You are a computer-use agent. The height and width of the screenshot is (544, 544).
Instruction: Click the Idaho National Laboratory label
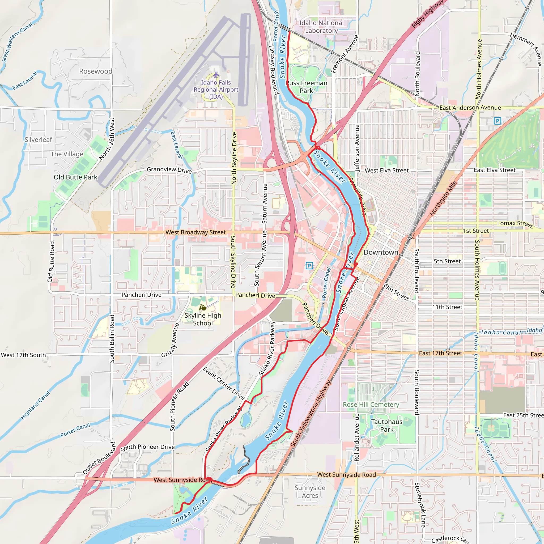[x=321, y=27]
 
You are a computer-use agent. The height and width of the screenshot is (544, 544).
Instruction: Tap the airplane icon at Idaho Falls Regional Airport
[x=216, y=75]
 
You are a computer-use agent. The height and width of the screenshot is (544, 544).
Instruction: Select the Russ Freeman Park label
[x=306, y=87]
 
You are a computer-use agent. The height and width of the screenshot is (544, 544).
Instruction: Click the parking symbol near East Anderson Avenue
[x=498, y=121]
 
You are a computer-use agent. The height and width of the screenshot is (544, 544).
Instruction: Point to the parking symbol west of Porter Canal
[x=309, y=265]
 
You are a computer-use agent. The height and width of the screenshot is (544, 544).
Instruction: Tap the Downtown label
[x=381, y=252]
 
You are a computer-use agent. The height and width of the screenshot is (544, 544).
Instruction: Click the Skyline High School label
[x=203, y=319]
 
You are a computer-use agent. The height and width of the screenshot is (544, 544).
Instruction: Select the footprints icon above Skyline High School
[x=202, y=307]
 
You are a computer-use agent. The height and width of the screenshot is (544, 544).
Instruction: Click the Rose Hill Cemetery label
[x=371, y=405]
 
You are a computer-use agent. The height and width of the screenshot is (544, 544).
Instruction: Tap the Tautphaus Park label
[x=386, y=426]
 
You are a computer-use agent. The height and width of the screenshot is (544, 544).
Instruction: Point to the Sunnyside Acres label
[x=310, y=492]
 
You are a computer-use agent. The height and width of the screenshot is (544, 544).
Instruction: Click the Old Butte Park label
[x=75, y=177]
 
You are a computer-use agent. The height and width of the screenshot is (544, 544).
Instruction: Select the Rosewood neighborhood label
[x=95, y=71]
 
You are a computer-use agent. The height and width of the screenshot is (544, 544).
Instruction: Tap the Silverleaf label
[x=38, y=140]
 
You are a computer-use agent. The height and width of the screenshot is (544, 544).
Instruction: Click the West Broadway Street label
[x=195, y=232]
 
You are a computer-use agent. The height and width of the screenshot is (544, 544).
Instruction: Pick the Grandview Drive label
[x=169, y=170]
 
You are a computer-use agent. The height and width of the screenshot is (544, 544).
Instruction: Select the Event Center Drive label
[x=224, y=383]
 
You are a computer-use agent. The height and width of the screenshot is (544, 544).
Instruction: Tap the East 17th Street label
[x=440, y=353]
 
